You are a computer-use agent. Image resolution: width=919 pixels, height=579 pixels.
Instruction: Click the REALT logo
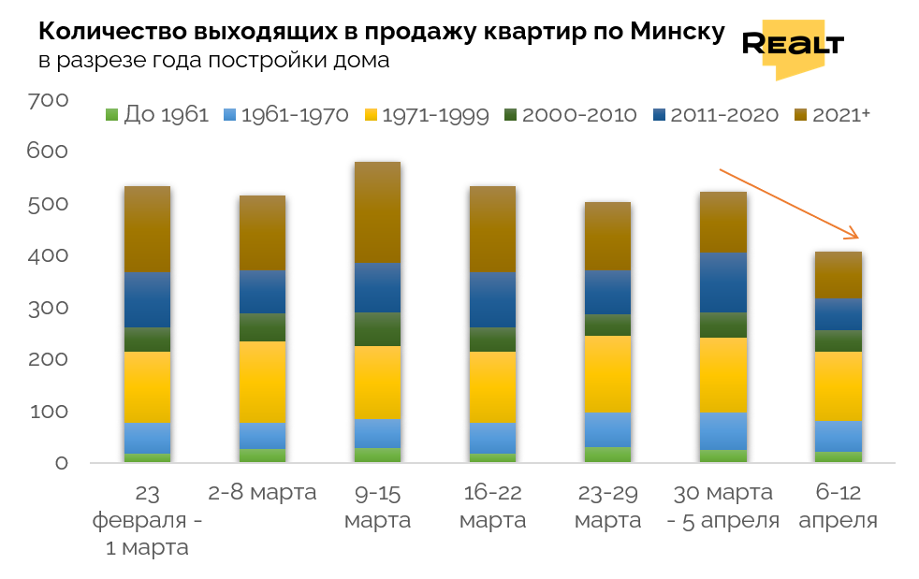pyautogui.click(x=792, y=44)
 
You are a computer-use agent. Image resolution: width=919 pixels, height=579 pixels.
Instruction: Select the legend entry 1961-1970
pyautogui.click(x=286, y=115)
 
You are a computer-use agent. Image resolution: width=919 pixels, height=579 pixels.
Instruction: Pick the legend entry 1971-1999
pyautogui.click(x=427, y=115)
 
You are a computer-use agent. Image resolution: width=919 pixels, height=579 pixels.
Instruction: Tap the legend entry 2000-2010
pyautogui.click(x=571, y=115)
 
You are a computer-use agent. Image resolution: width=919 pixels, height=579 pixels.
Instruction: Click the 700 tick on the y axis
pyautogui.click(x=48, y=100)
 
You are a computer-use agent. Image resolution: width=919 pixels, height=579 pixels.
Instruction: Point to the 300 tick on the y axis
pyautogui.click(x=48, y=308)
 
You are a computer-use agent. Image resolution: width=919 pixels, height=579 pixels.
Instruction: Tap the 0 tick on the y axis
pyautogui.click(x=61, y=463)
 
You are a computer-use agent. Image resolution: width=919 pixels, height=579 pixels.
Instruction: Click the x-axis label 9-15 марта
pyautogui.click(x=377, y=506)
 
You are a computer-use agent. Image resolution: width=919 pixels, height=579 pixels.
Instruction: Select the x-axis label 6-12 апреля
pyautogui.click(x=838, y=506)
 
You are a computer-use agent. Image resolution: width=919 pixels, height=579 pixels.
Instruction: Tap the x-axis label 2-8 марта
pyautogui.click(x=262, y=492)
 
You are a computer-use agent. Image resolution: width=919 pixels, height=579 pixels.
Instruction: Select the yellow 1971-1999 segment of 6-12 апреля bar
pyautogui.click(x=838, y=385)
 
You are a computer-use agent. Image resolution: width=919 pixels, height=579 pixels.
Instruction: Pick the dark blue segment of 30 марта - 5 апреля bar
pyautogui.click(x=723, y=282)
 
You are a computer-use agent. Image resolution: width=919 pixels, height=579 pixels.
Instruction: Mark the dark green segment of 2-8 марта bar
pyautogui.click(x=262, y=327)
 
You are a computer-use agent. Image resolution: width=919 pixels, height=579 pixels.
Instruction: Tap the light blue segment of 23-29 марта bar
pyautogui.click(x=607, y=429)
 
